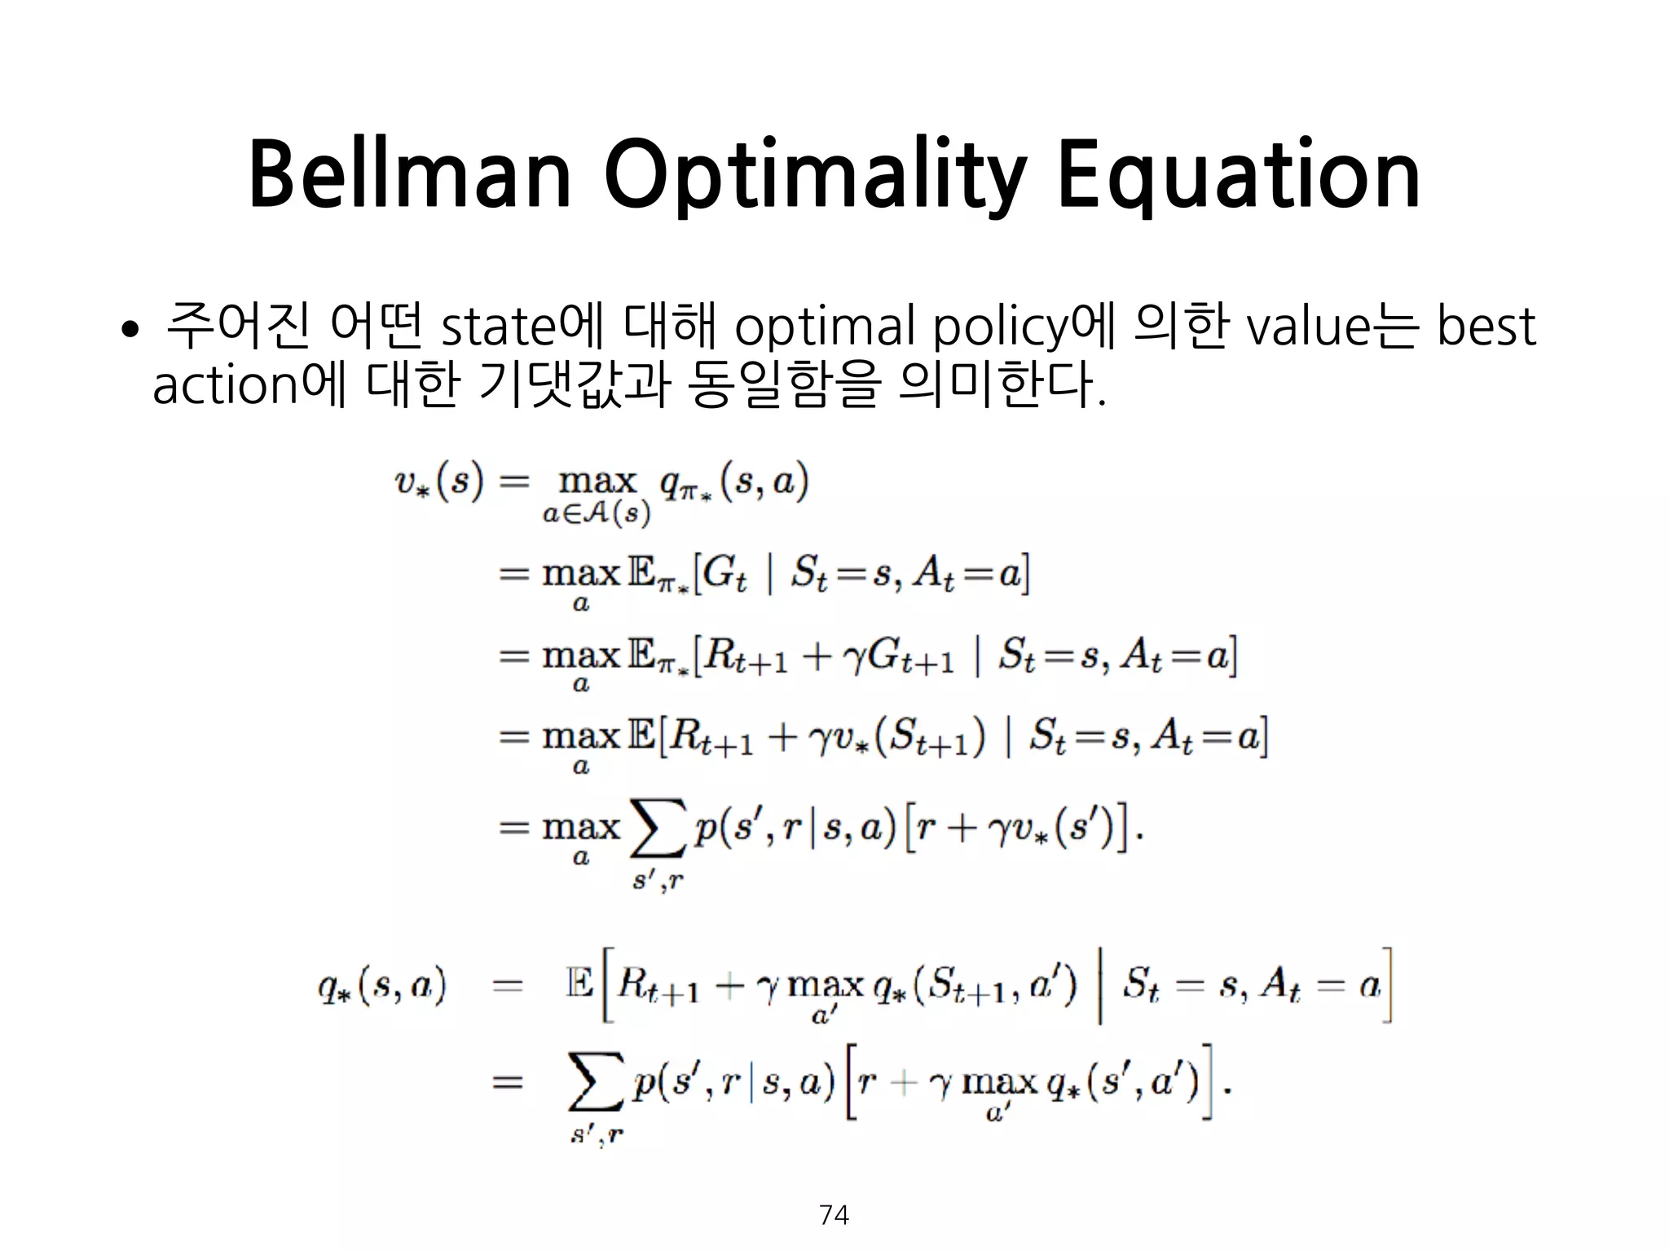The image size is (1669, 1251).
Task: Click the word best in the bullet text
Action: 1485,327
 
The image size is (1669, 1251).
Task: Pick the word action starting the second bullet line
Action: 225,385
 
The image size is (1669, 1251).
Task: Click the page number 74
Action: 834,1215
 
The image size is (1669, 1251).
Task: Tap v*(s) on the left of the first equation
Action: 439,482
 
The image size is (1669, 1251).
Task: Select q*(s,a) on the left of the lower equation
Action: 381,986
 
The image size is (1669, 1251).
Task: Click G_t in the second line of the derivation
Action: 724,573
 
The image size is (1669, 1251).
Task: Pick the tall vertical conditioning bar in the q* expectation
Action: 1100,985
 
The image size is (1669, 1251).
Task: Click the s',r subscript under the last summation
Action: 597,1134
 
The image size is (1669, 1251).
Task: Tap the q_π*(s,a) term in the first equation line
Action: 733,482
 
